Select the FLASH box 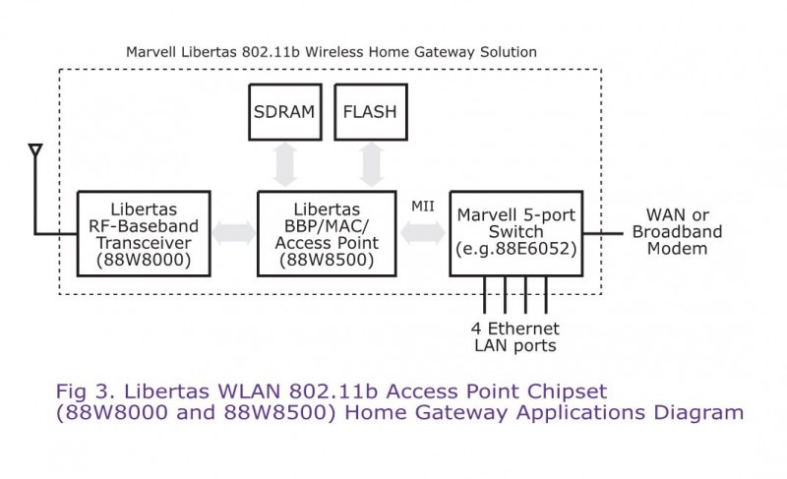pos(370,111)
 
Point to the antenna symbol pos(35,151)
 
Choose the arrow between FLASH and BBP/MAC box pos(371,164)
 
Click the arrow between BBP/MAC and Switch pos(421,234)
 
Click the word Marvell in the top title pos(152,50)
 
